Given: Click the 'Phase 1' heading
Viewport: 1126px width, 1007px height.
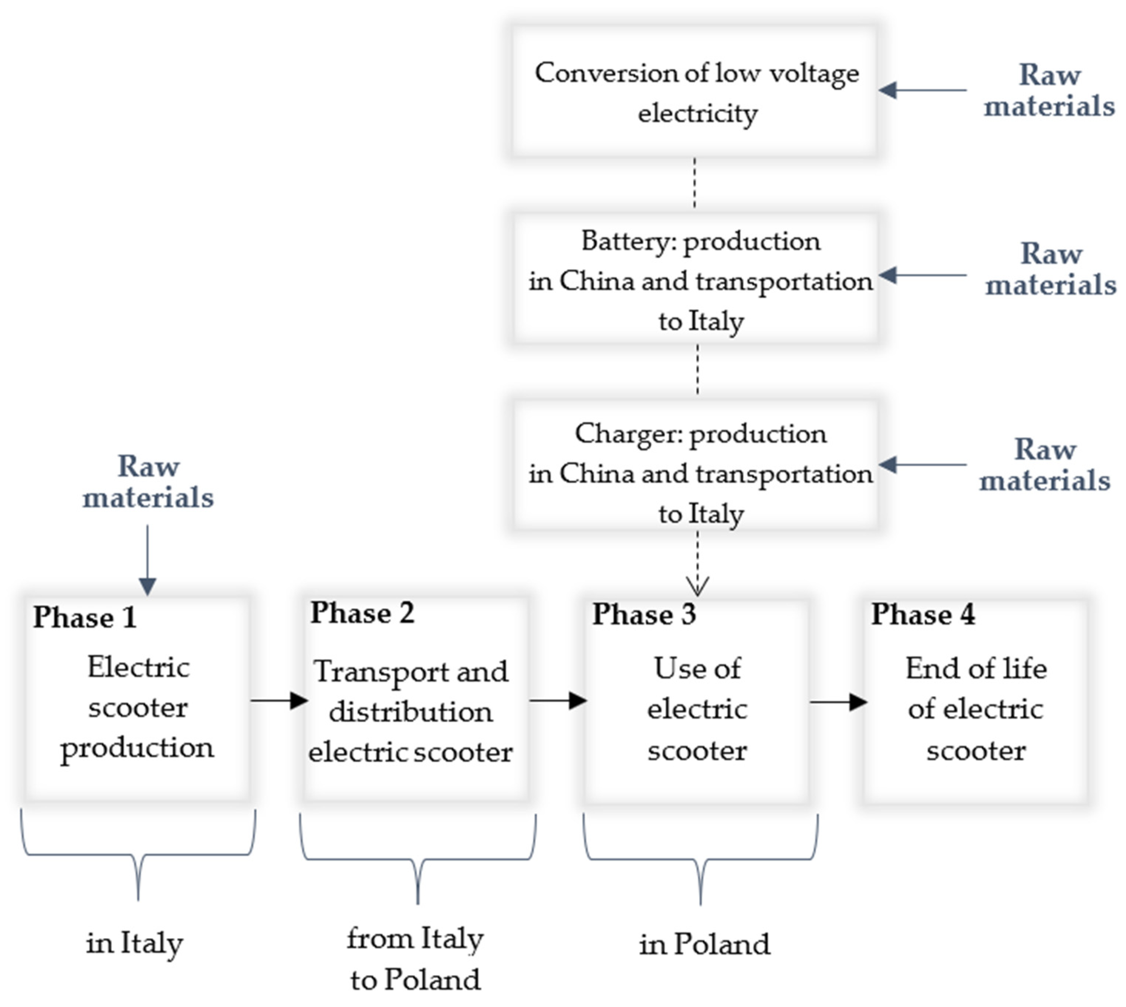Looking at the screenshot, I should [85, 618].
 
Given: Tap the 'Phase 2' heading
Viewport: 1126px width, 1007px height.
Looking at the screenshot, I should [362, 613].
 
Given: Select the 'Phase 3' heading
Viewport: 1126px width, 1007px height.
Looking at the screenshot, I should [644, 615].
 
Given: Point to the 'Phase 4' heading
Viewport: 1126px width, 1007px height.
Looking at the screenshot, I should [923, 615].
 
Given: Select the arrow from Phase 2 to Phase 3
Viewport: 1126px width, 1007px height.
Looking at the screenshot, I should [558, 700].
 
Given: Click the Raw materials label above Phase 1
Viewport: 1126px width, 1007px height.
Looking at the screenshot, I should [148, 481].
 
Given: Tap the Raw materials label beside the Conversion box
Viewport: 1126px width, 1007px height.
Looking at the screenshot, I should [1049, 90].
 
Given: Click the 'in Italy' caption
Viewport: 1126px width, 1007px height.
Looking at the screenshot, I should [135, 943].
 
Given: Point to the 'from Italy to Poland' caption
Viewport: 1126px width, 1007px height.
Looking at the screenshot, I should [415, 959].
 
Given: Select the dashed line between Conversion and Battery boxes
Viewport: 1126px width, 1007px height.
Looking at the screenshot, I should [695, 183].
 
